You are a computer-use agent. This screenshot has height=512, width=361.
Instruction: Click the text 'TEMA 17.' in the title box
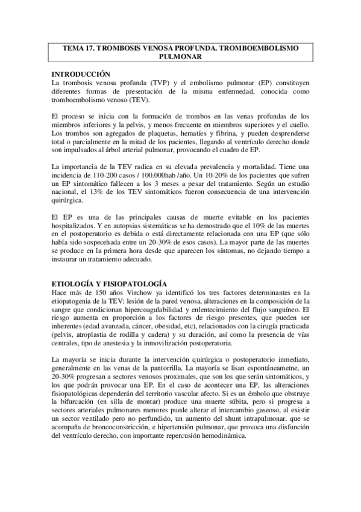pos(81,47)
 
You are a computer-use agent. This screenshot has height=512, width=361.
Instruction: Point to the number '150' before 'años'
pos(96,292)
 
